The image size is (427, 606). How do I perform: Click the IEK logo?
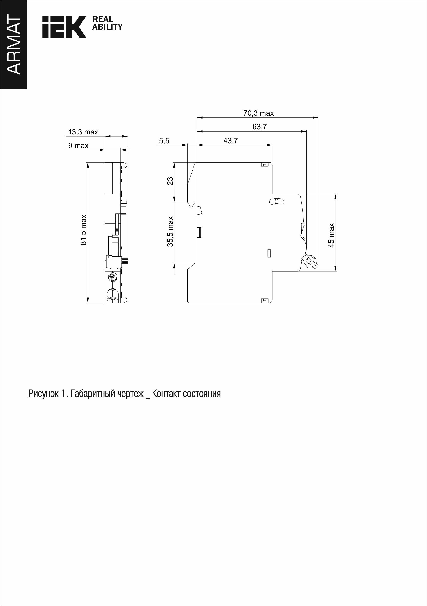[x=64, y=27]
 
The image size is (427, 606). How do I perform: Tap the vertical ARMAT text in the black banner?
[x=13, y=44]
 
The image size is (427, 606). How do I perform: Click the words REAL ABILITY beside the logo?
[x=107, y=23]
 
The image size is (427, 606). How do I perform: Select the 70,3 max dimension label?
[x=258, y=113]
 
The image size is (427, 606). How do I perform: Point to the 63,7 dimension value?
[x=260, y=127]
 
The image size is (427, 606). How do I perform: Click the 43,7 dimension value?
[x=230, y=141]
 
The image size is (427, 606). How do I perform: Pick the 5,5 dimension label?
[x=164, y=141]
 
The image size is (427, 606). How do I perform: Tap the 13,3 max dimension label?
[x=83, y=132]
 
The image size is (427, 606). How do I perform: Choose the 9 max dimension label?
[x=78, y=146]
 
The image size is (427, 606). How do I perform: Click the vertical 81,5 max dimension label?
[x=83, y=230]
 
